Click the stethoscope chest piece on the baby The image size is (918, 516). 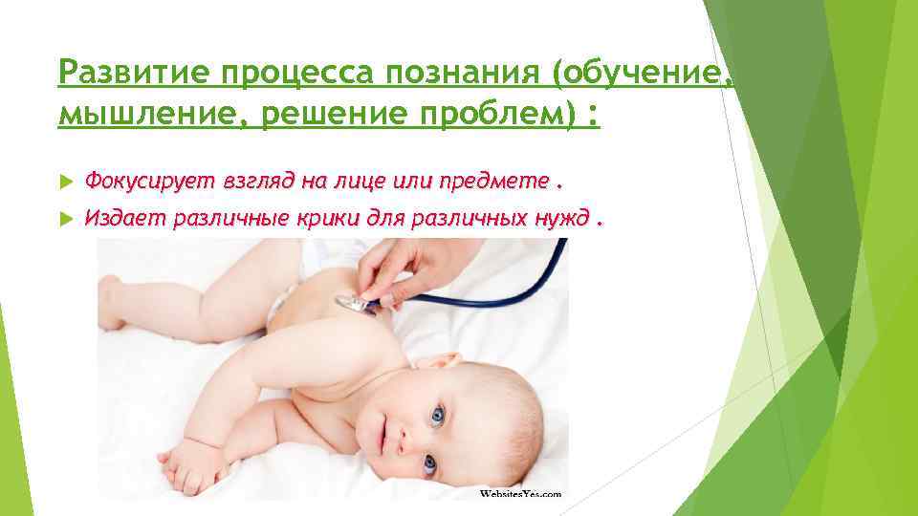tap(354, 303)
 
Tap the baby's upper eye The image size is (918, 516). tap(437, 416)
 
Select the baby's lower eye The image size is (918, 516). tap(429, 467)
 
